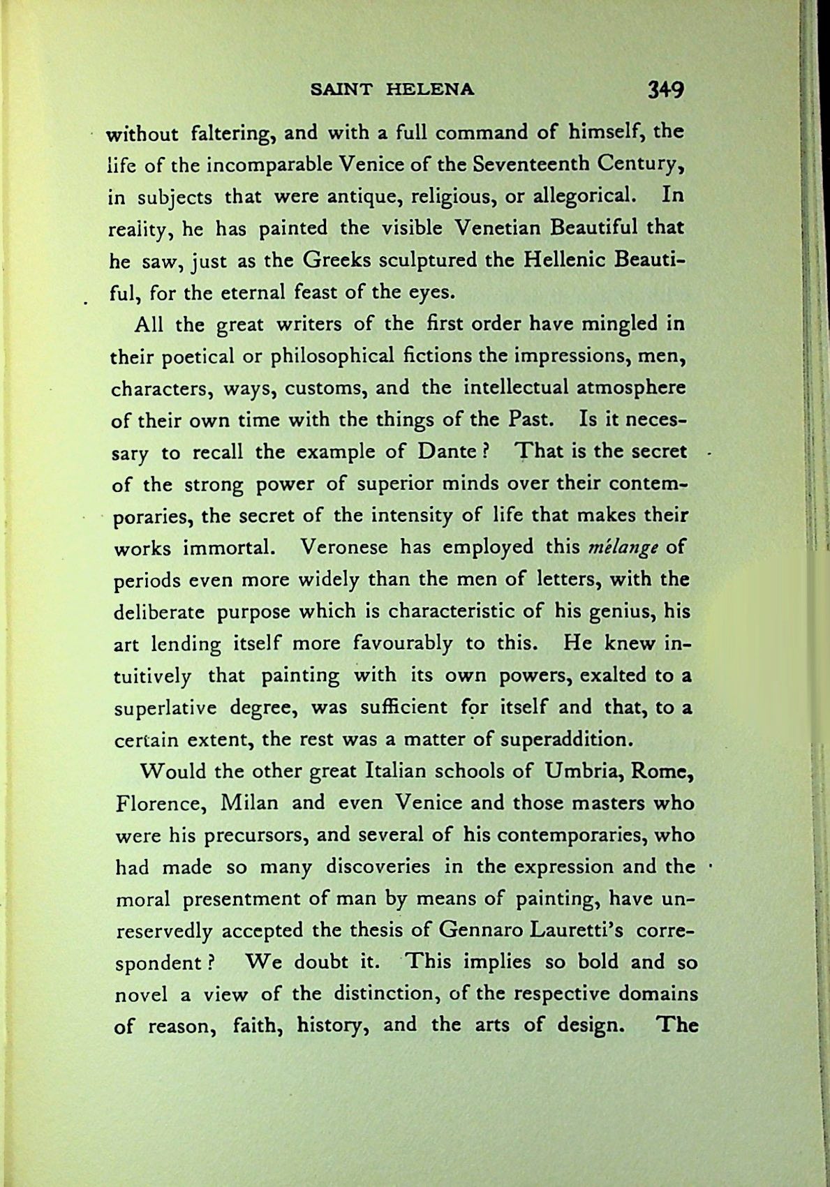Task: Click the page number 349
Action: click(665, 90)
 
